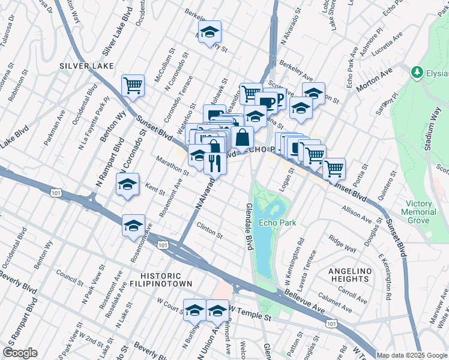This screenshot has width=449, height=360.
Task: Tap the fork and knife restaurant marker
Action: (x=215, y=162)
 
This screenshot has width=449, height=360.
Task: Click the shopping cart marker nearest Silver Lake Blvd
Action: (x=133, y=85)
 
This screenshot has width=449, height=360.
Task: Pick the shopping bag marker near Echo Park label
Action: (x=241, y=136)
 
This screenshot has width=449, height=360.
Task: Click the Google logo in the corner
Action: (x=20, y=352)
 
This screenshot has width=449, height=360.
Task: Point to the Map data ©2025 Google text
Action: (x=412, y=355)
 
